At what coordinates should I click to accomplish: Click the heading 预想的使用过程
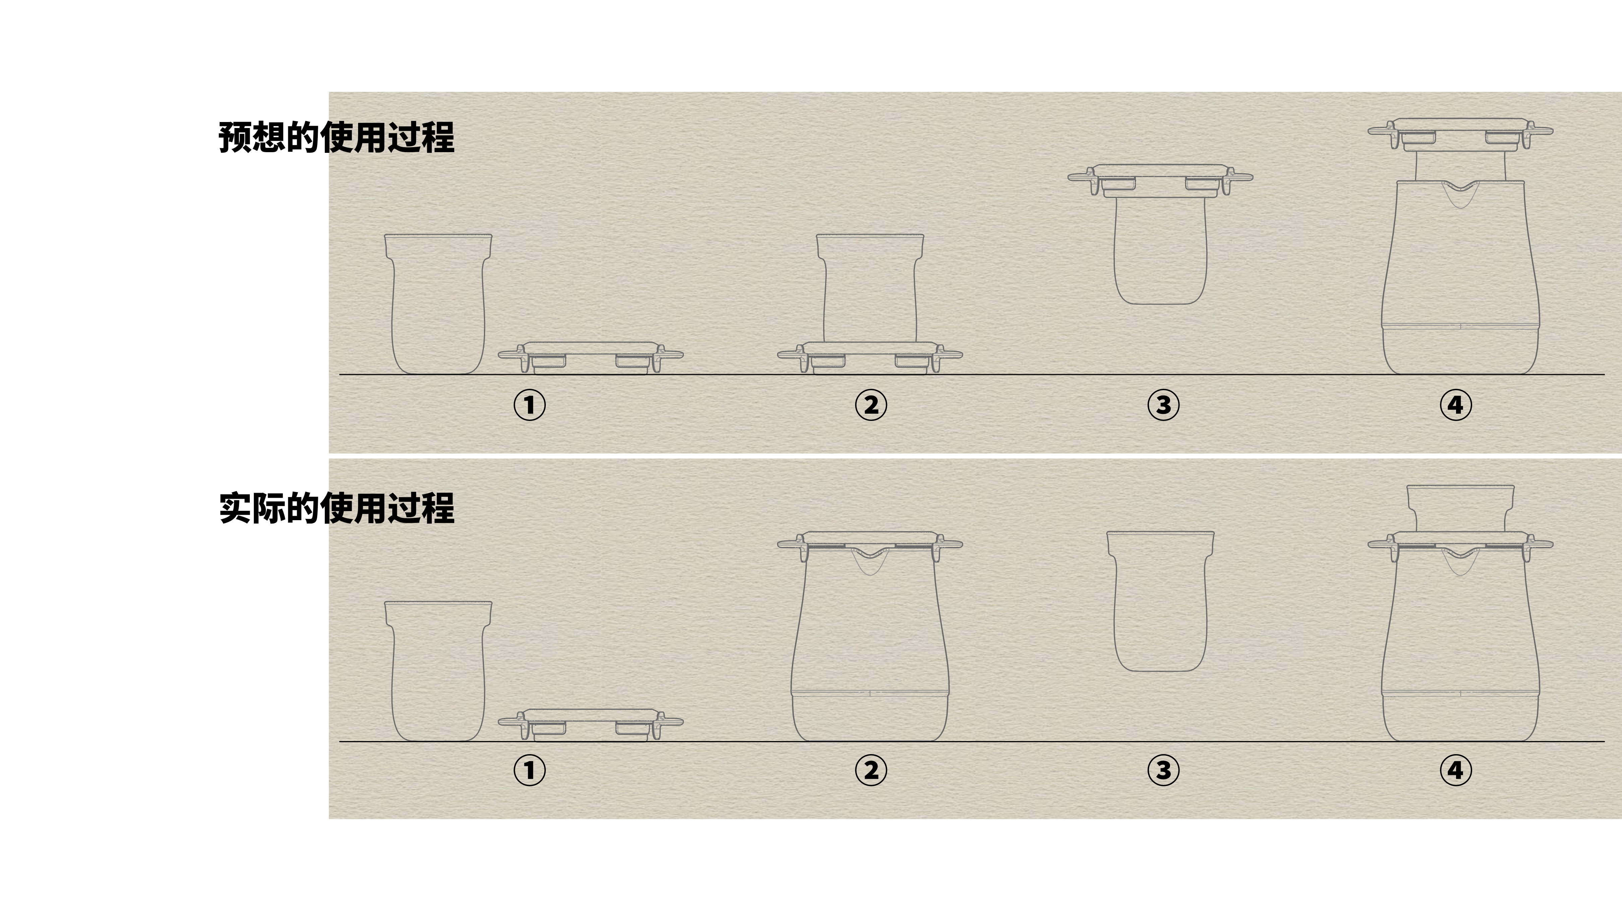[336, 137]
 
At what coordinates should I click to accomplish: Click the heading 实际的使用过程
[336, 508]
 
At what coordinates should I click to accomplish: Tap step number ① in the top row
[529, 405]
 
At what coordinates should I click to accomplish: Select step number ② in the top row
[871, 405]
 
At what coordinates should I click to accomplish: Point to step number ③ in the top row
[1163, 405]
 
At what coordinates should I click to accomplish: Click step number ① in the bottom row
[529, 770]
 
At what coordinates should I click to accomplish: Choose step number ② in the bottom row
[871, 770]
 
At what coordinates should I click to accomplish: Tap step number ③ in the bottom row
[1163, 770]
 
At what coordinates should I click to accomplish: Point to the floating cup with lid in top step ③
[1160, 239]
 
